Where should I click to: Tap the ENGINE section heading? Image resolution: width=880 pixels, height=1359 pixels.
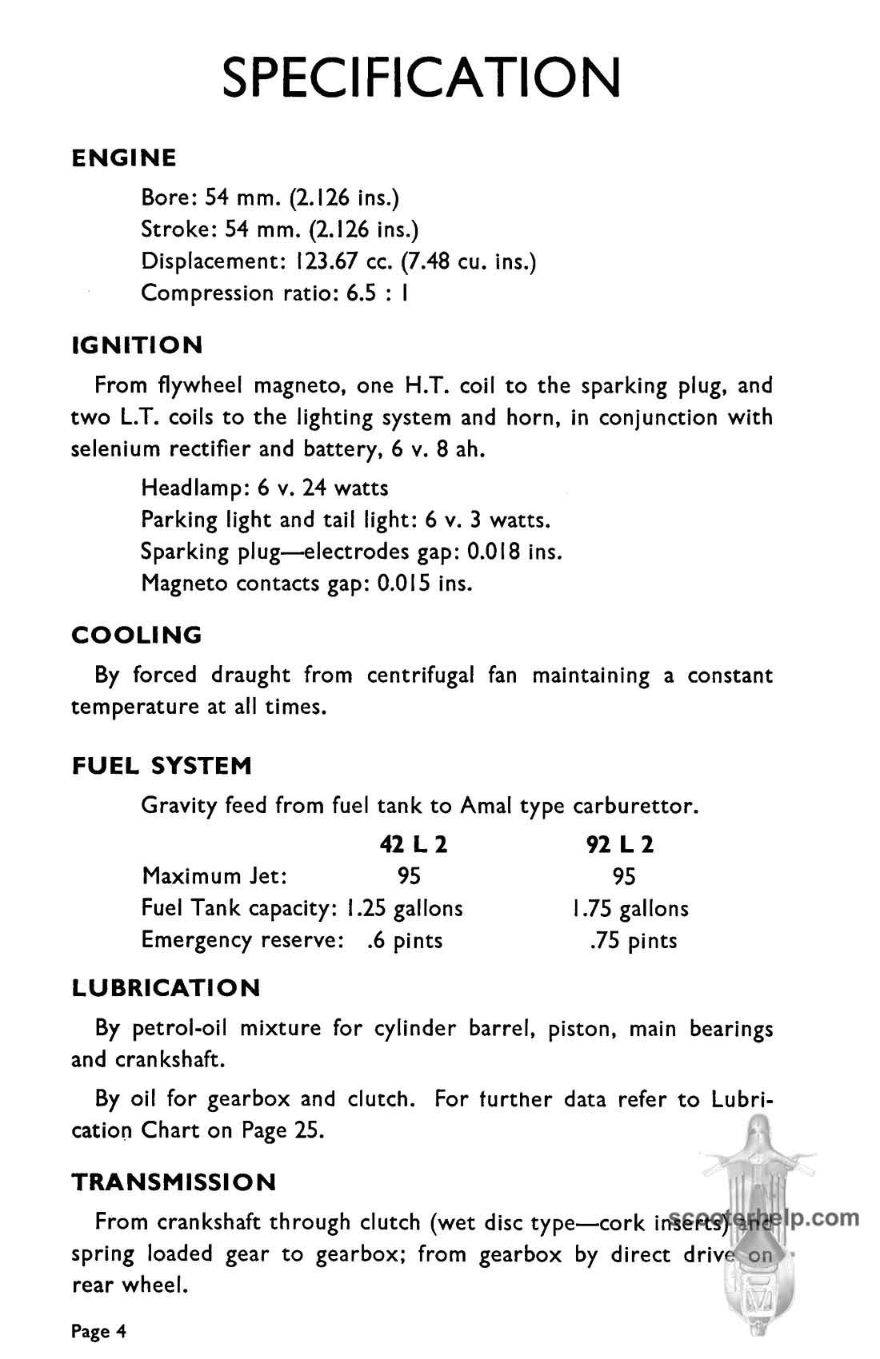coord(124,157)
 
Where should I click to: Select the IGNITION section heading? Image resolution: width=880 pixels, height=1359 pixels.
coord(137,345)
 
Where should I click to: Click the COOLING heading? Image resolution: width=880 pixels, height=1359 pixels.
coord(137,635)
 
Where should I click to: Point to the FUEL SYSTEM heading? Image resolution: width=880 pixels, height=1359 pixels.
coord(162,766)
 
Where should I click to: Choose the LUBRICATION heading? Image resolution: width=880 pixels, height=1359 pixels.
coord(166,988)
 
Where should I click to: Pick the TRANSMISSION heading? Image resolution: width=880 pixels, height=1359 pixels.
coord(174,1182)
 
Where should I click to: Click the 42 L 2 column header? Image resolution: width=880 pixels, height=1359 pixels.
coord(413,845)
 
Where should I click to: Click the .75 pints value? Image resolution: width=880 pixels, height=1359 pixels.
coord(633,941)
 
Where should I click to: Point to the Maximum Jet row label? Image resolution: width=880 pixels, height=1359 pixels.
coord(214,876)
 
